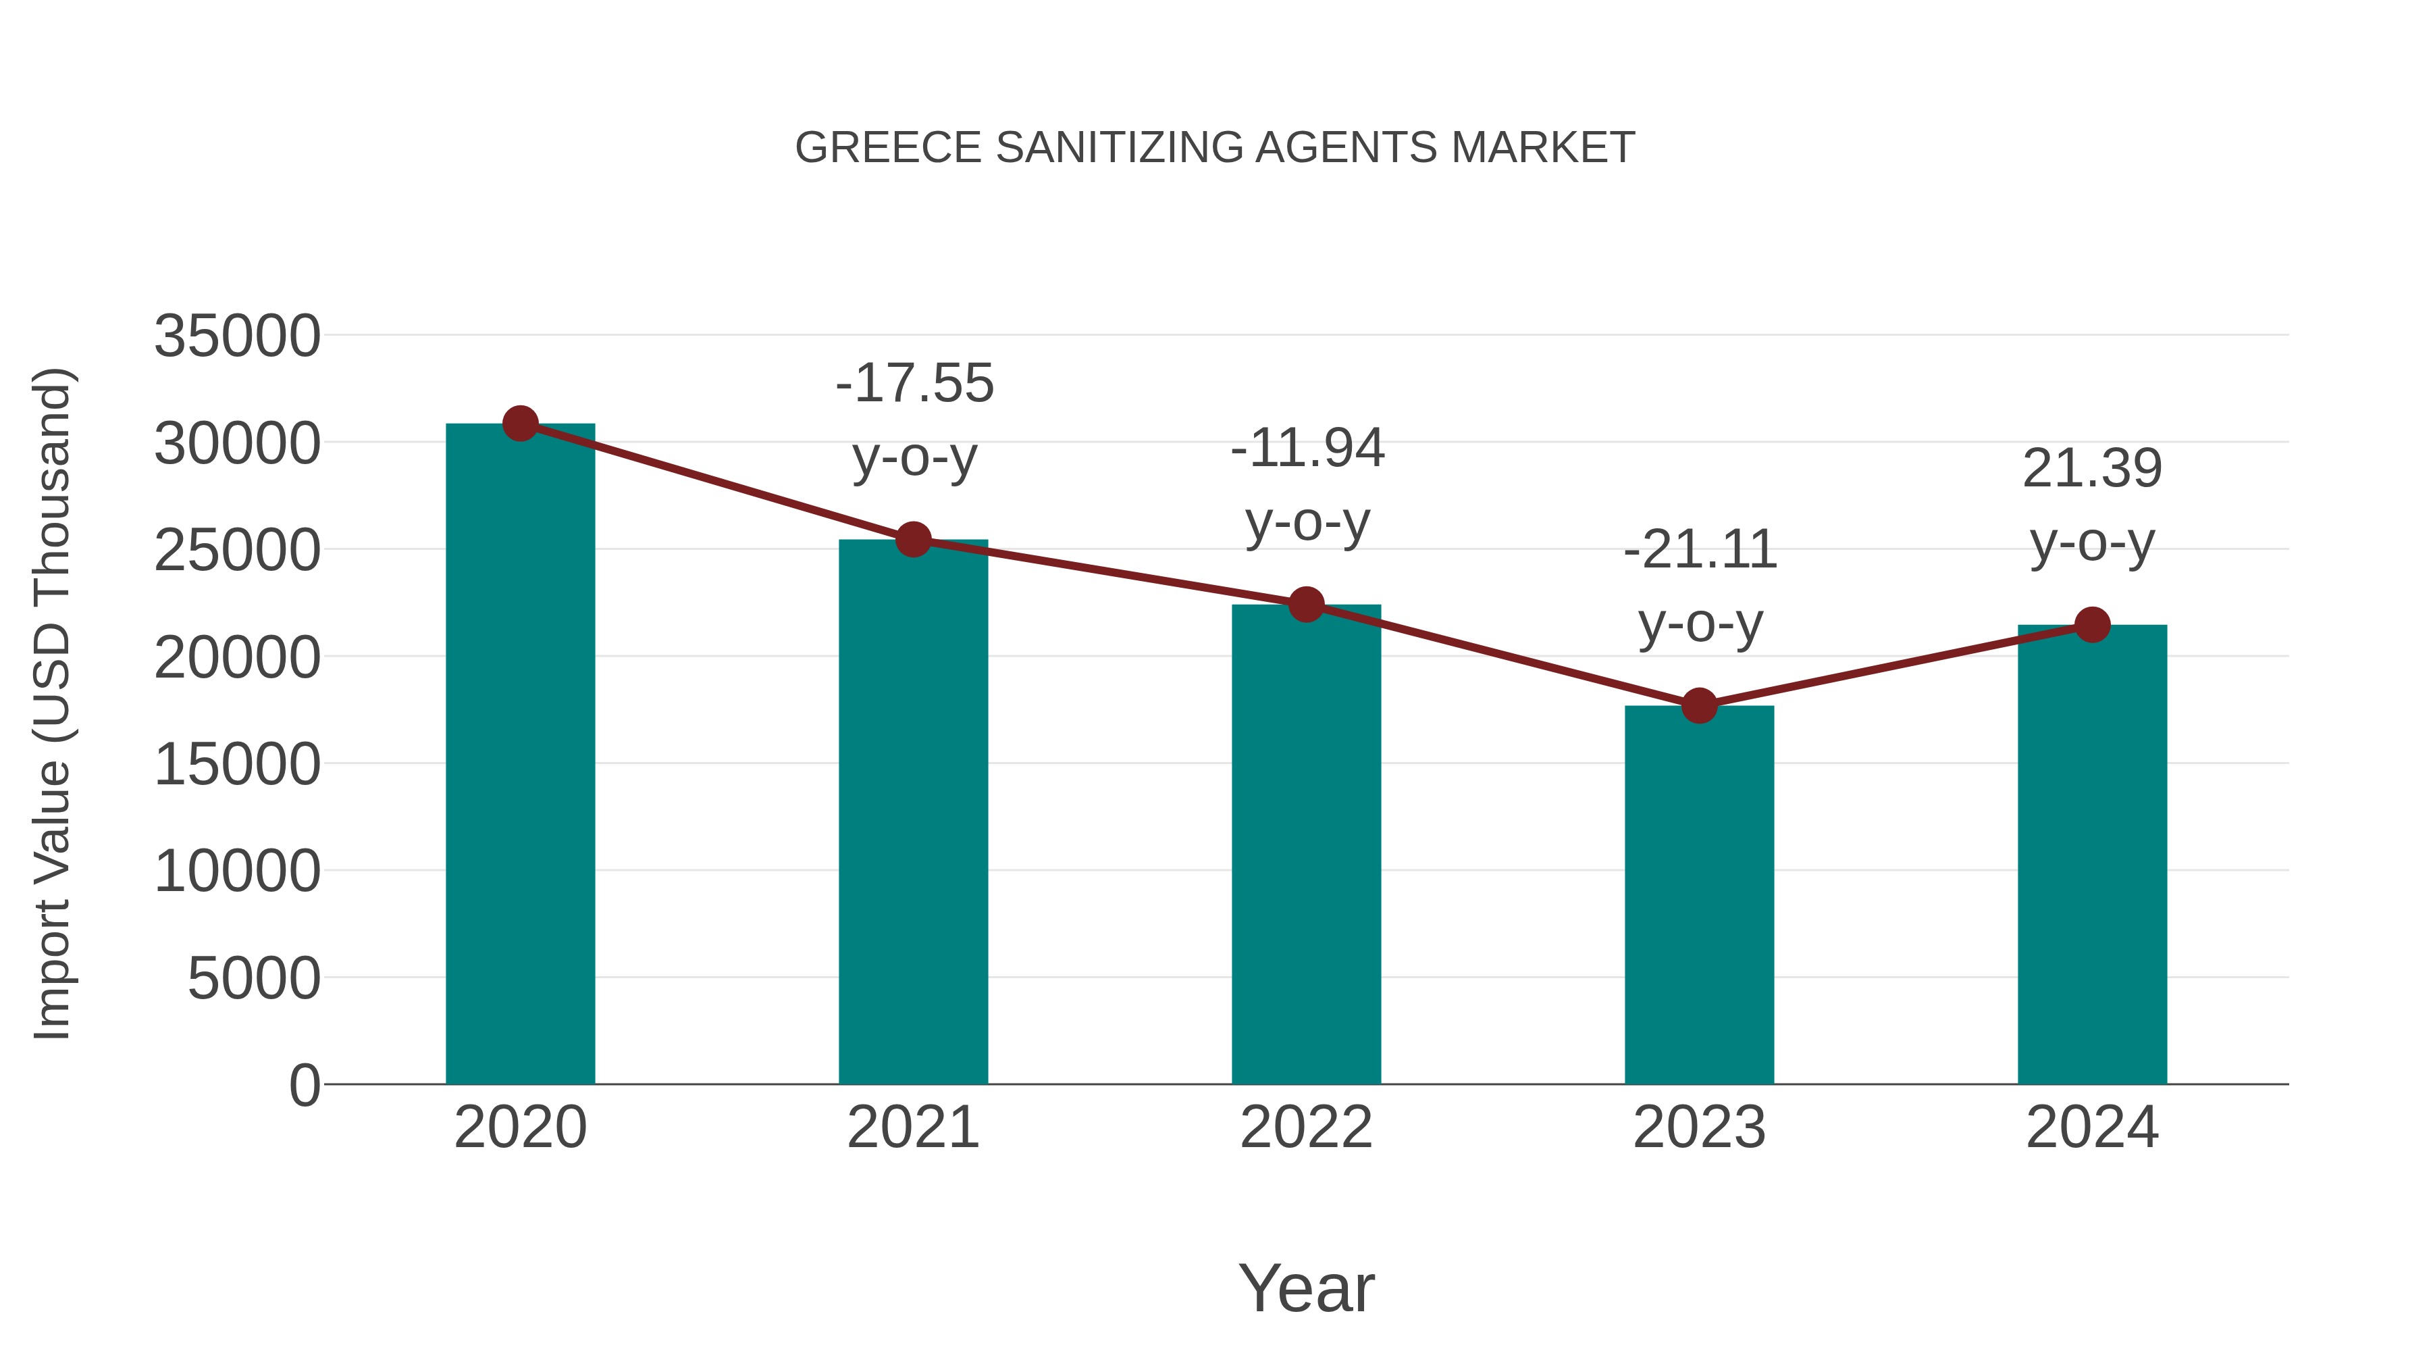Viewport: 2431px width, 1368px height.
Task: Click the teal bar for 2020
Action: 520,755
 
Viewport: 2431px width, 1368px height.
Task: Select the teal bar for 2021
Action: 912,812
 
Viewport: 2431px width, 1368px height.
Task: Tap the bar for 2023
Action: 1699,897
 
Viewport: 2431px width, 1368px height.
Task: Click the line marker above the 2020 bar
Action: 520,424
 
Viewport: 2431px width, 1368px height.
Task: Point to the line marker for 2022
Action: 1306,604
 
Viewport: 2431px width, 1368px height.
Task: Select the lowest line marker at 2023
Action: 1699,705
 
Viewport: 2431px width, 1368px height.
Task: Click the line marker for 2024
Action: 2092,624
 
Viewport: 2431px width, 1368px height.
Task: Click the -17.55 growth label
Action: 914,383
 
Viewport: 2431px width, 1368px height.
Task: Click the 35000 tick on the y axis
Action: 237,336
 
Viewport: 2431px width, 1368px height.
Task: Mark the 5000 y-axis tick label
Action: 253,978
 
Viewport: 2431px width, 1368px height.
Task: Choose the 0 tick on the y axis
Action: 304,1085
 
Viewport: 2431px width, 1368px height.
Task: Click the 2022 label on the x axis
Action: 1306,1128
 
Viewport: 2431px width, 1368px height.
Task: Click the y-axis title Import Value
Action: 52,703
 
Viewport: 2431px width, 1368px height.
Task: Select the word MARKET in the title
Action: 1542,148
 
